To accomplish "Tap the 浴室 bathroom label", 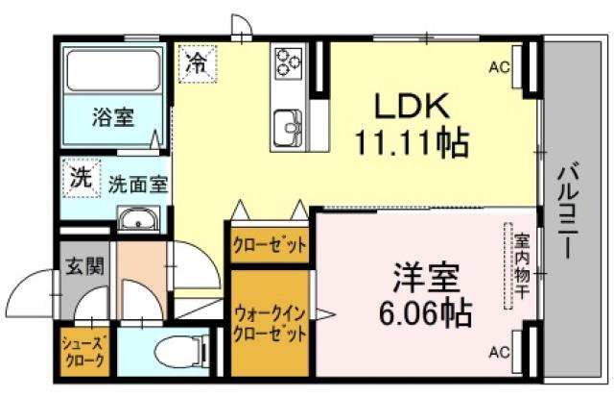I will tap(113, 118).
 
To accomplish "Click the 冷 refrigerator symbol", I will tap(195, 64).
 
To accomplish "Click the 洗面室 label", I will tap(137, 183).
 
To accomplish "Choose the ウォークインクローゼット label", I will tap(270, 324).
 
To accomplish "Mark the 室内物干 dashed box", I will tap(521, 265).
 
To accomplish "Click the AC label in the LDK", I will tap(499, 67).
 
